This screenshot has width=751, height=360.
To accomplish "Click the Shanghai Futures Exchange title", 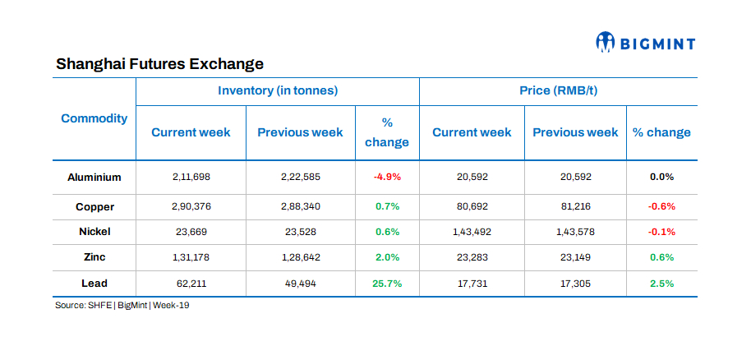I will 159,63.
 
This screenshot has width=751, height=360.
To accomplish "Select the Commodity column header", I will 94,118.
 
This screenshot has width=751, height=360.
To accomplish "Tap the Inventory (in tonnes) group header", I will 278,90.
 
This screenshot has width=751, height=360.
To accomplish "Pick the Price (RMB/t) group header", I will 559,90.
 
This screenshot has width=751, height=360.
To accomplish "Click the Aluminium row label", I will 94,177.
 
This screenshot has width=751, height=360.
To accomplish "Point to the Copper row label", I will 94,206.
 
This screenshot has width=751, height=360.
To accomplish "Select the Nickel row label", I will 94,232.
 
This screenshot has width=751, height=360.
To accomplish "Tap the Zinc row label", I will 94,257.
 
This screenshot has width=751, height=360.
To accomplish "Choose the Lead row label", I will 94,284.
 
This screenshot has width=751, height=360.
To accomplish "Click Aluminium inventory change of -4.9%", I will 387,177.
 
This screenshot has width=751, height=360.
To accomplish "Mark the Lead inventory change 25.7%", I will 387,284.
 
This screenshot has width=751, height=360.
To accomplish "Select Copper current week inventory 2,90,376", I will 191,206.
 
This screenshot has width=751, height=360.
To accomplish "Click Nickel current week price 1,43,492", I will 472,232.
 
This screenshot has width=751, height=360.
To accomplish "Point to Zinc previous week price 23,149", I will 575,257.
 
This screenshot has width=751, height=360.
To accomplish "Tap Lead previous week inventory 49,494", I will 300,284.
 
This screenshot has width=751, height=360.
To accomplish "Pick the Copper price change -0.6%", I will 661,206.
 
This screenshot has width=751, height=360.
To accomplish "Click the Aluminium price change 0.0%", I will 661,177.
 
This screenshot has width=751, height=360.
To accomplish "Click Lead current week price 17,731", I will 472,284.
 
